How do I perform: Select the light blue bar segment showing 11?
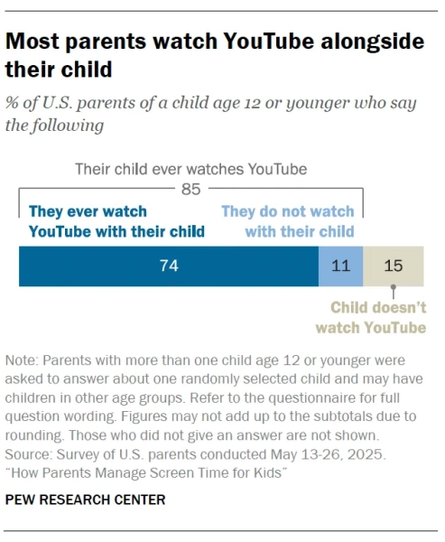(340, 268)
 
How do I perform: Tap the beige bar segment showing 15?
(394, 268)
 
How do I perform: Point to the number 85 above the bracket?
(190, 189)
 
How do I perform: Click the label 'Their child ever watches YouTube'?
(190, 169)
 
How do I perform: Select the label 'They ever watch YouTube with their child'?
(116, 221)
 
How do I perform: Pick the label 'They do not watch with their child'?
(288, 221)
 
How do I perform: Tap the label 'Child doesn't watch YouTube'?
(378, 317)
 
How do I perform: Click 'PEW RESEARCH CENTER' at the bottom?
(85, 500)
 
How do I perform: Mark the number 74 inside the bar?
(168, 268)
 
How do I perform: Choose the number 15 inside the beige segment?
(394, 268)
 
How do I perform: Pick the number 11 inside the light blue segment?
(340, 268)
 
